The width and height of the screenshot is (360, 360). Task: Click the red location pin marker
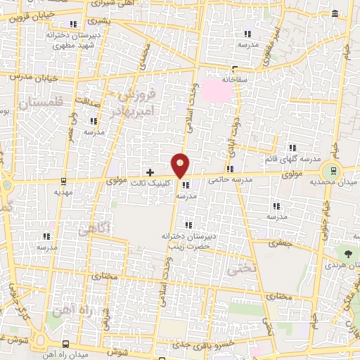(181, 165)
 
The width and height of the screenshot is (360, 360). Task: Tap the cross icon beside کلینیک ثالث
(150, 172)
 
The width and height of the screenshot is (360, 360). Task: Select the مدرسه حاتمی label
(229, 179)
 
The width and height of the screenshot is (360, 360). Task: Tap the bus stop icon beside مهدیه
(63, 179)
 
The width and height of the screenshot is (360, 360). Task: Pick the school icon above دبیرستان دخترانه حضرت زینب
(188, 224)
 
